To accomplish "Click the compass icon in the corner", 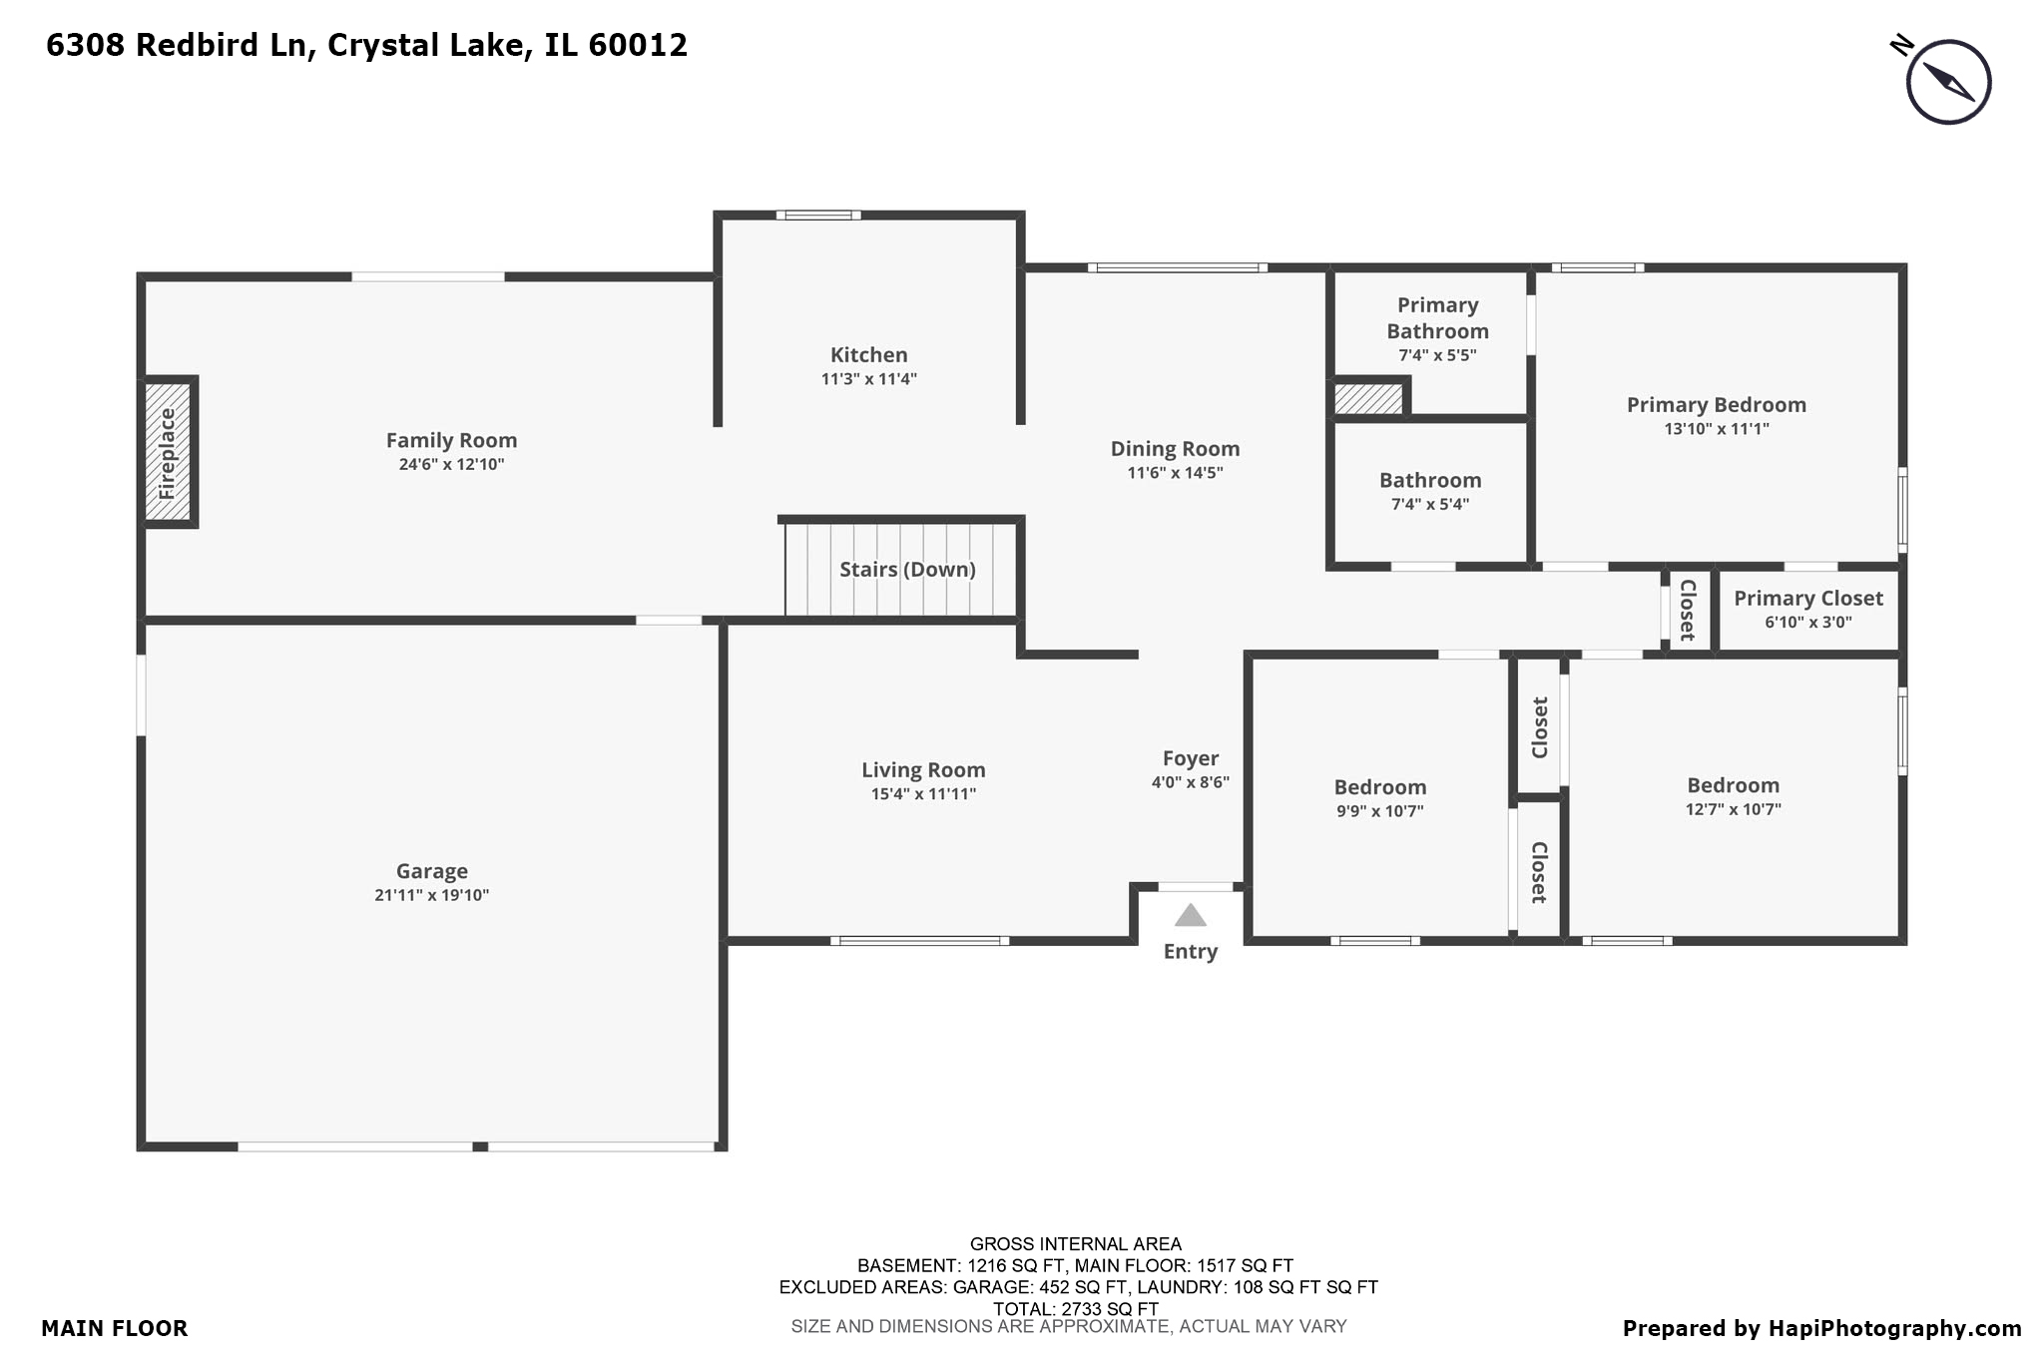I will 1947,82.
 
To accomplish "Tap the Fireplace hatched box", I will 167,452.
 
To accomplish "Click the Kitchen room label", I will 868,355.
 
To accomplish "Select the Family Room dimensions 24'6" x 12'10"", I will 451,465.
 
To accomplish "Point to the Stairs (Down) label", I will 907,570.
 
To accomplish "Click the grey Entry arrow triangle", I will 1190,915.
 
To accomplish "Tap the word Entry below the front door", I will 1190,952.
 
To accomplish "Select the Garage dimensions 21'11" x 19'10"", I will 431,896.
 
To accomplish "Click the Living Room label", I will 923,770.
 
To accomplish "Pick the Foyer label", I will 1190,758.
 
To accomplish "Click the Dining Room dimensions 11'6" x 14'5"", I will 1175,473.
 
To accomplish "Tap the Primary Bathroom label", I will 1437,318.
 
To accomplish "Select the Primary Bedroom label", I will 1716,405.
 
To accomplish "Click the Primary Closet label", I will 1807,599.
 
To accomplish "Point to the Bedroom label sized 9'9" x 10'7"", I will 1379,787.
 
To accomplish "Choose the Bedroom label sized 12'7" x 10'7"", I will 1733,785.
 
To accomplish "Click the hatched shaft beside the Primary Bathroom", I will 1368,399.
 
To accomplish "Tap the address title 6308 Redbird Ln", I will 366,45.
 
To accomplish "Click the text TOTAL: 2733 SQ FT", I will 1075,1309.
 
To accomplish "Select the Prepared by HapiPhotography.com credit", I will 1821,1329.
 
